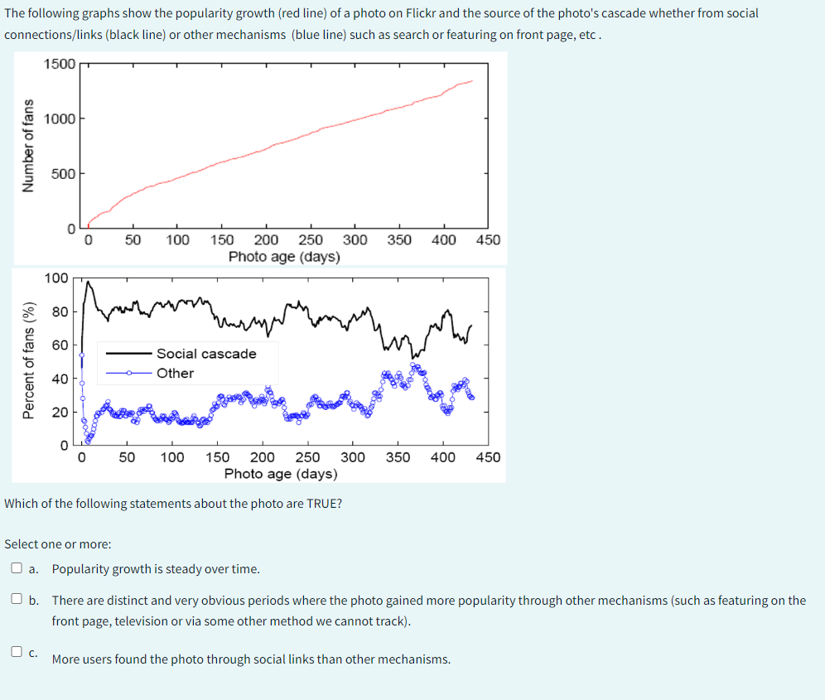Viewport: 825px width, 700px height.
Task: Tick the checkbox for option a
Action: (x=17, y=569)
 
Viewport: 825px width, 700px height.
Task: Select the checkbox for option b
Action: (x=17, y=599)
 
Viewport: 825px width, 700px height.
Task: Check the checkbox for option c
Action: (x=17, y=651)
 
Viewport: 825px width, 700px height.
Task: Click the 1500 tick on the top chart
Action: (x=60, y=65)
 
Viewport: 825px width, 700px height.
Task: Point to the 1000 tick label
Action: (x=60, y=118)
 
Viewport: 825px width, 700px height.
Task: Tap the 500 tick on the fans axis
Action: (x=64, y=173)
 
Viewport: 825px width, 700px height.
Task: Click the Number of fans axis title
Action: (x=28, y=146)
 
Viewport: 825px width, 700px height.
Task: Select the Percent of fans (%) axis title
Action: (x=29, y=360)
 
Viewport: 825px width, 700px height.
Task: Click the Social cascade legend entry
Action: (x=206, y=354)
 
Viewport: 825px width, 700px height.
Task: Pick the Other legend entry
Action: (x=175, y=373)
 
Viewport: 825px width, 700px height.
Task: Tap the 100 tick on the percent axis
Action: (x=56, y=278)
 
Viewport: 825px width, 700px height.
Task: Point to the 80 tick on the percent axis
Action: (x=60, y=311)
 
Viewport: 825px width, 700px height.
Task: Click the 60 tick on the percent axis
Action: (x=60, y=345)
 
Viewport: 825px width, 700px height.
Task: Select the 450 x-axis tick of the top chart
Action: (x=488, y=240)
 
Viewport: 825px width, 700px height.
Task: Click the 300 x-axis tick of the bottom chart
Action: (x=353, y=457)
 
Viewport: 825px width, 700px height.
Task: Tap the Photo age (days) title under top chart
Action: (x=284, y=257)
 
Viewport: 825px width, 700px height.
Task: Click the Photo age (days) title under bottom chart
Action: (x=281, y=474)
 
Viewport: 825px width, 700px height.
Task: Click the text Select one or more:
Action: (x=58, y=544)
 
